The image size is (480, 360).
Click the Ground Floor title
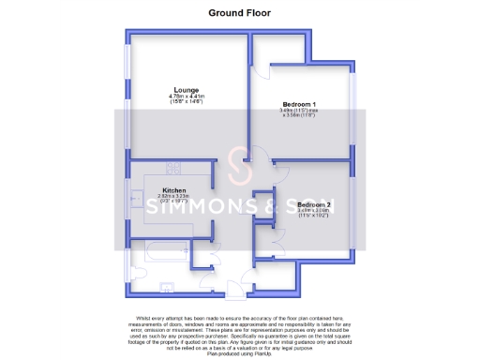click(240, 13)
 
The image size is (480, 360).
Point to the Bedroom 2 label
click(314, 203)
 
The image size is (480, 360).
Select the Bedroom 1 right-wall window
click(353, 103)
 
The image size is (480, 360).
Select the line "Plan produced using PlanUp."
click(241, 343)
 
